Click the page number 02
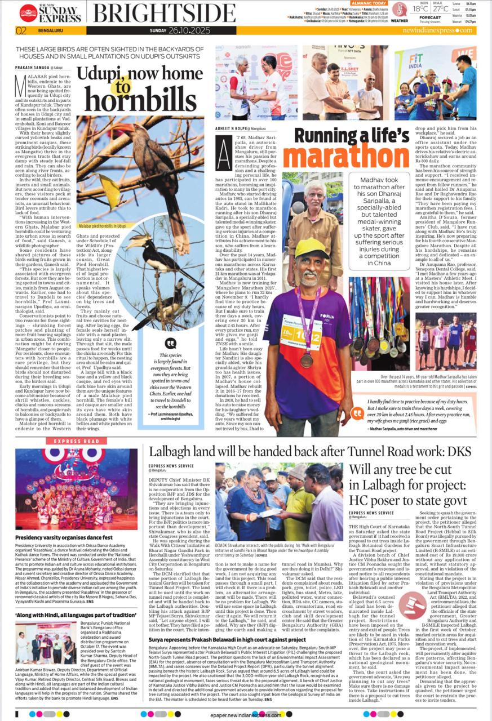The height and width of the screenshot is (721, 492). [x=21, y=30]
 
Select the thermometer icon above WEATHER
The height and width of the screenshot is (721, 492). [x=399, y=9]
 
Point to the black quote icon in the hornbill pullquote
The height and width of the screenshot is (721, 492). [x=171, y=343]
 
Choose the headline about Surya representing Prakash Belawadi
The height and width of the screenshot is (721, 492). [x=227, y=640]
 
